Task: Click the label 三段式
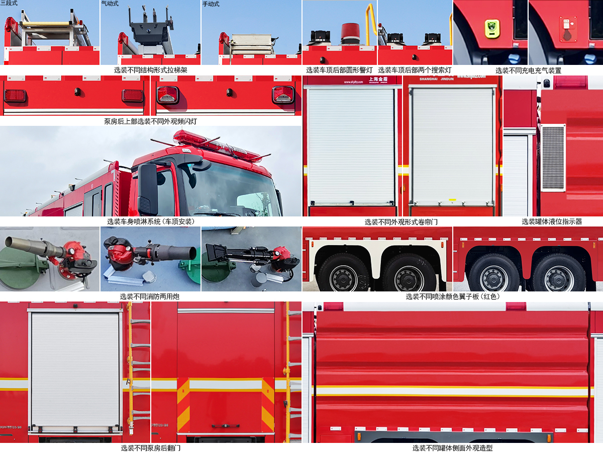[x=9, y=4]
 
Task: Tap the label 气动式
[x=110, y=4]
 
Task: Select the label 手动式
[x=211, y=4]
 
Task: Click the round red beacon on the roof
[x=351, y=33]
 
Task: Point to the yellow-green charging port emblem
[x=492, y=28]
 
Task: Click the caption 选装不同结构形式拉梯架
[x=150, y=70]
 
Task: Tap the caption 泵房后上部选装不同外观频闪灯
[x=150, y=121]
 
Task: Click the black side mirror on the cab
[x=148, y=189]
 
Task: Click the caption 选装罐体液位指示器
[x=551, y=221]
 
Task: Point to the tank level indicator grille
[x=553, y=158]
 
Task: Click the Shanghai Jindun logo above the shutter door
[x=378, y=80]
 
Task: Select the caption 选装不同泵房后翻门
[x=150, y=448]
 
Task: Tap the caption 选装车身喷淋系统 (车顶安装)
[x=150, y=221]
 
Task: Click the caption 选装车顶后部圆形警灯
[x=339, y=70]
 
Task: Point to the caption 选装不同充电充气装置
[x=528, y=70]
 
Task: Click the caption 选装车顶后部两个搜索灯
[x=415, y=70]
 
